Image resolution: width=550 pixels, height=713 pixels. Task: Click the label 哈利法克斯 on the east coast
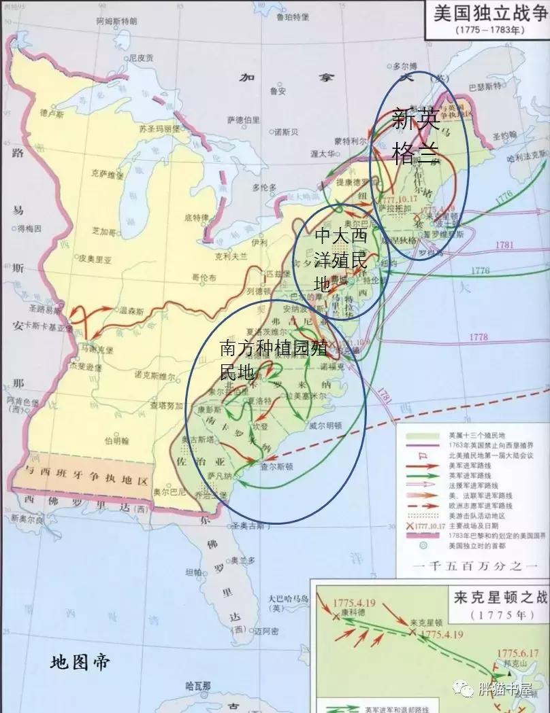(527, 155)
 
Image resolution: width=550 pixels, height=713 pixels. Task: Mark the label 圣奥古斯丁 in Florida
(249, 525)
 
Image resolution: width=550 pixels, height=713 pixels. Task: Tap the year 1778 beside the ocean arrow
(479, 337)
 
